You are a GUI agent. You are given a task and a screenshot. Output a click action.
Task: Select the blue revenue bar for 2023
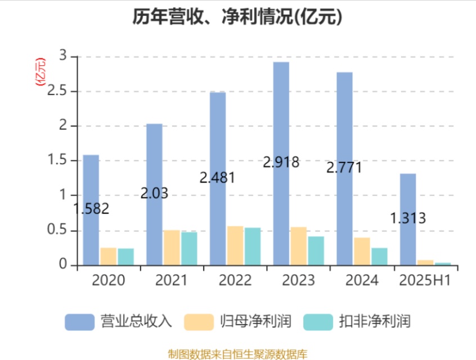281,163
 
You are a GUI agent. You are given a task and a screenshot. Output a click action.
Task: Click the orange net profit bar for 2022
235,245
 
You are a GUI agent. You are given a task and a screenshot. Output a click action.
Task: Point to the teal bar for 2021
189,248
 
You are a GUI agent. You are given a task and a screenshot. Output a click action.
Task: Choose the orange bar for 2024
362,251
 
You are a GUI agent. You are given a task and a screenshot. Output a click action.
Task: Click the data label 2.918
281,163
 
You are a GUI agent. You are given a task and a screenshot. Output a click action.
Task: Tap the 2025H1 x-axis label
425,280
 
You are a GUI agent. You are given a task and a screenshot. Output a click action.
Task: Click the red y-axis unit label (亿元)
40,71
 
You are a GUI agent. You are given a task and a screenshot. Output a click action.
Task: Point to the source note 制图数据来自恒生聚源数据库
237,354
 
